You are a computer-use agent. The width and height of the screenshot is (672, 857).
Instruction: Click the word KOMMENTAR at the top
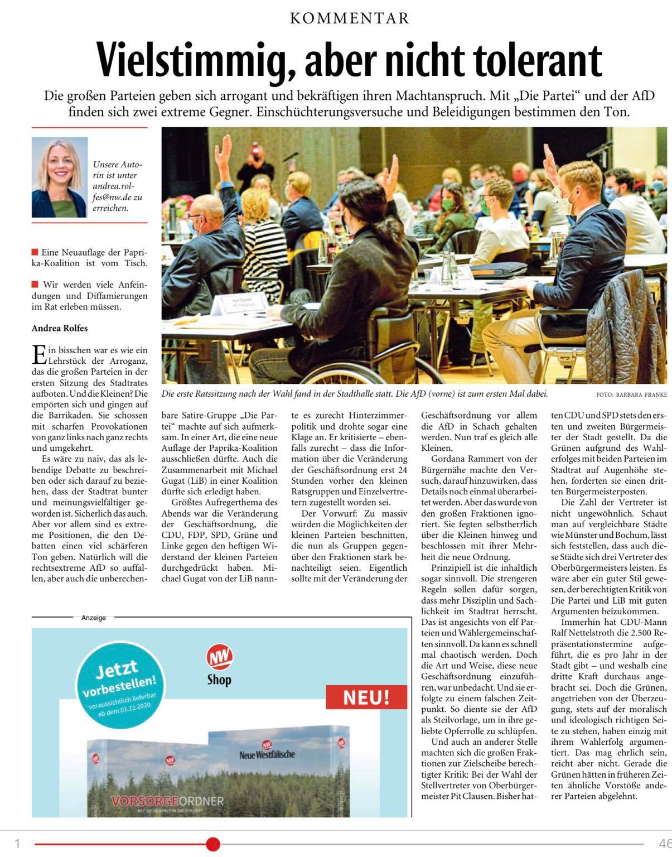point(350,18)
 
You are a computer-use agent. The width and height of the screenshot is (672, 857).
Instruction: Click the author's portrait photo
point(60,177)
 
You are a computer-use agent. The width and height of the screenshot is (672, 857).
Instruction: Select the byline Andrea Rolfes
point(60,328)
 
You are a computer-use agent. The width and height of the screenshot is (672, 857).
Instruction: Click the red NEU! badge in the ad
point(366,698)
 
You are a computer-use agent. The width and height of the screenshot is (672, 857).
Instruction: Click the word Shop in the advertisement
point(219,680)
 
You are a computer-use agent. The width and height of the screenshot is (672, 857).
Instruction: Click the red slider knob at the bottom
point(213,844)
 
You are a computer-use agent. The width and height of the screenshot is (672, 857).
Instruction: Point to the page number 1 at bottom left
point(17,844)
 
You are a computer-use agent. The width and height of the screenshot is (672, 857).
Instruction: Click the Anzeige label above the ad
point(94,618)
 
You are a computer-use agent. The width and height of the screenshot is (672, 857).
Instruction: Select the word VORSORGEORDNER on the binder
point(167,802)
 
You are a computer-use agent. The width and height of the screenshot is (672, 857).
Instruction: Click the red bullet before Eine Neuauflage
point(35,252)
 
